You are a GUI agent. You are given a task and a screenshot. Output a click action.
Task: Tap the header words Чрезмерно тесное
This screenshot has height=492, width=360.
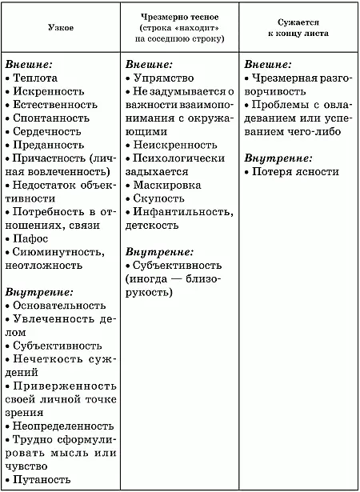pyautogui.click(x=179, y=16)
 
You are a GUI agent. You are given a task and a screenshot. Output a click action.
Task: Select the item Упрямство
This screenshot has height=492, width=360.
pyautogui.click(x=165, y=79)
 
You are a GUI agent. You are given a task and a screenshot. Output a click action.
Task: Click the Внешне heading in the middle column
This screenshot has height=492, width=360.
pyautogui.click(x=150, y=63)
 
